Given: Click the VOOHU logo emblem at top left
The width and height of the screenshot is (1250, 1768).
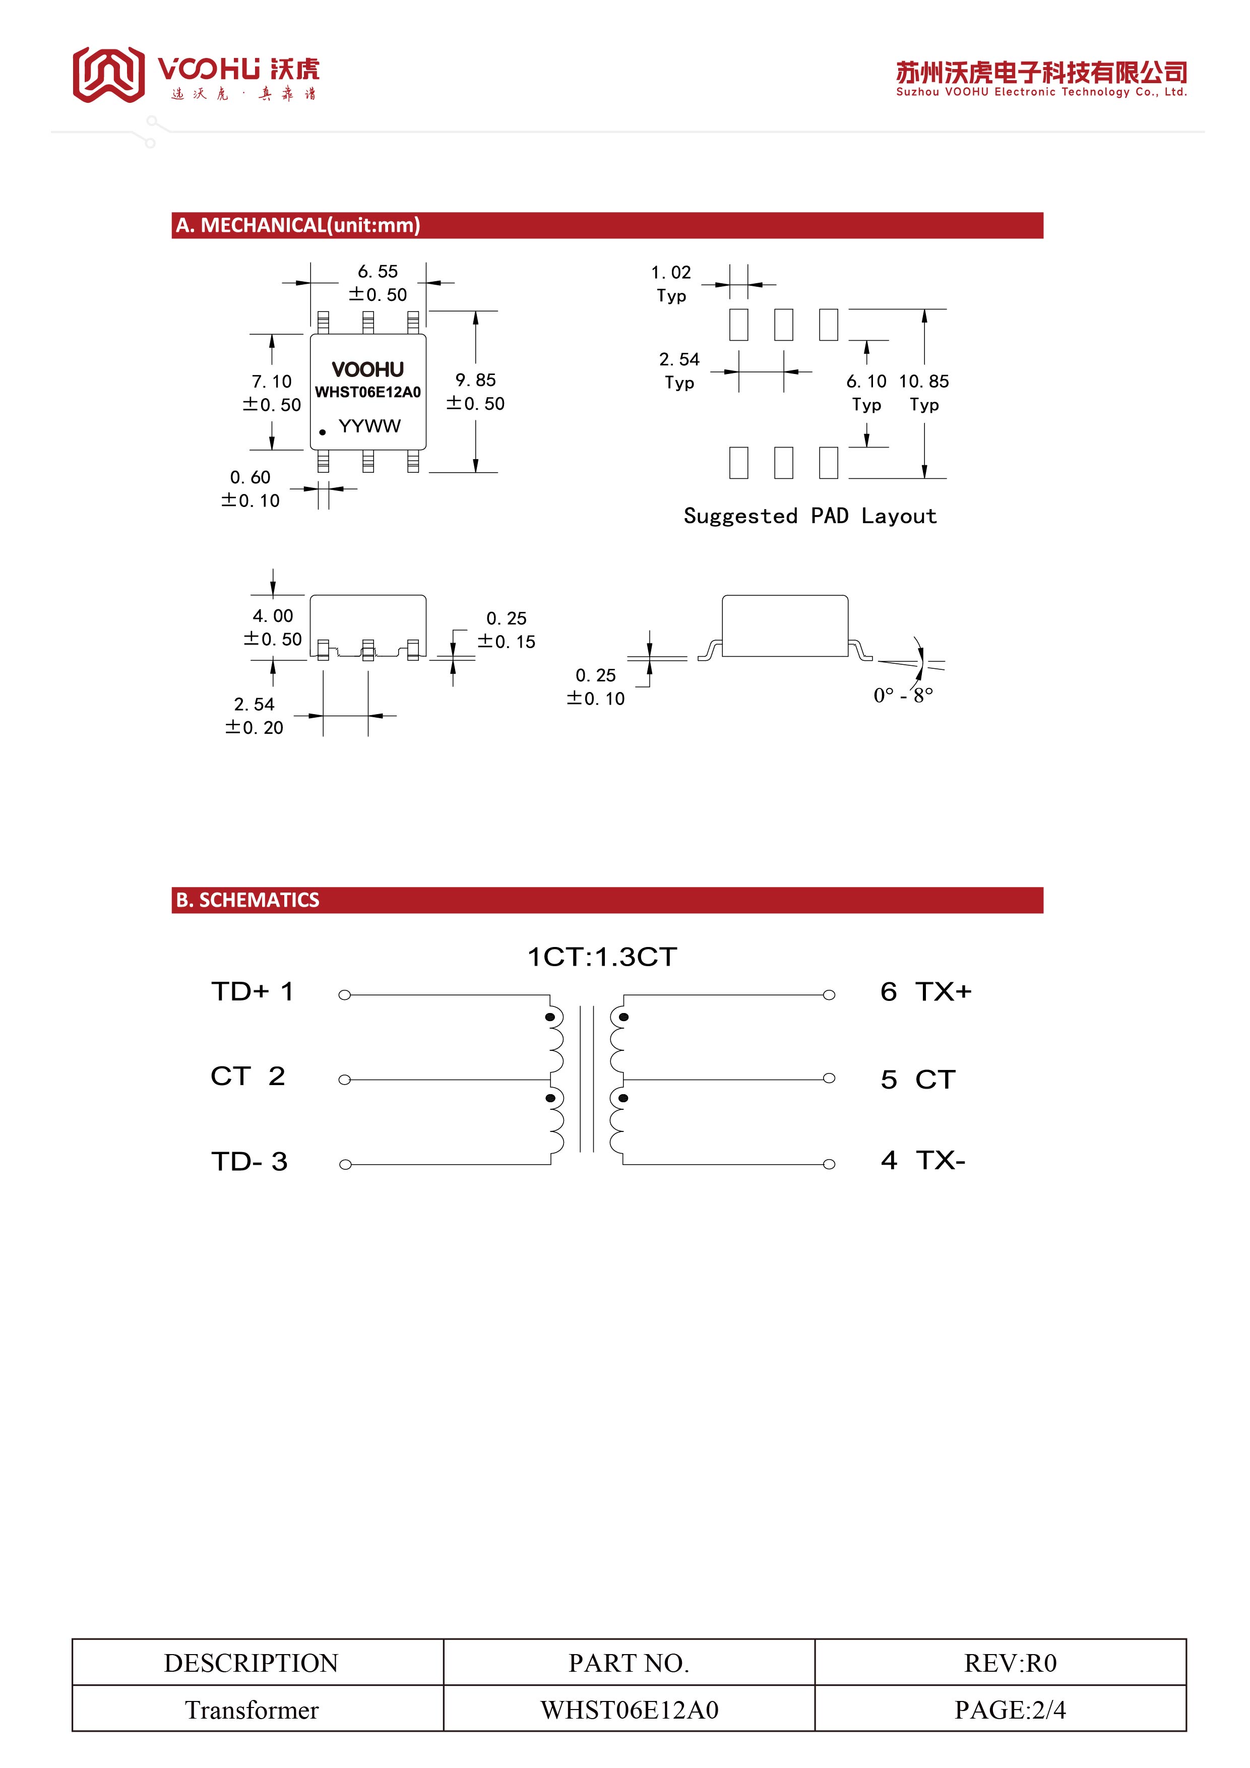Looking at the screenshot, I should point(108,74).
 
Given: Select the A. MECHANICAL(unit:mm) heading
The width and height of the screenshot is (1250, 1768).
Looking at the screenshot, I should point(298,226).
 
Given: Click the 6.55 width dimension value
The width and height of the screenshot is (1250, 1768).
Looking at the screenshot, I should point(378,272).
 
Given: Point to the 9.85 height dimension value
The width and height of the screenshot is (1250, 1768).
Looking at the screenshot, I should point(475,381).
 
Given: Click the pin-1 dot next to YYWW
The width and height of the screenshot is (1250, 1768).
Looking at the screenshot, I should point(323,432).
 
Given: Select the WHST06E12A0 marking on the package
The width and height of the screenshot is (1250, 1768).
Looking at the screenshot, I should point(367,392).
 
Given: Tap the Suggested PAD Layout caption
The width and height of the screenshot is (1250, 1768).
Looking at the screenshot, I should point(809,516).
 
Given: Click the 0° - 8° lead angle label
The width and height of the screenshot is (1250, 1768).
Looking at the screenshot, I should point(903,696).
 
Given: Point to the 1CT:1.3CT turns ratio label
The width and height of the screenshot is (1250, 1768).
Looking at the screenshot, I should point(601,957).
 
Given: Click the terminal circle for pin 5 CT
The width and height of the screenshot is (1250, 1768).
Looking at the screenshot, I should point(829,1078).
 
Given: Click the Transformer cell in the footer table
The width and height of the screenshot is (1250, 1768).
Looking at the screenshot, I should point(252,1710).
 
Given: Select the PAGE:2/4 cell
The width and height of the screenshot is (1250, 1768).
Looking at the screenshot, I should point(1010,1710).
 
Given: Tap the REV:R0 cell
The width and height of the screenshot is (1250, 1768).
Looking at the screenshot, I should point(1010,1663).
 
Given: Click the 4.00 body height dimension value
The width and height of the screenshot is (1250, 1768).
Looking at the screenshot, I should point(273,616).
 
